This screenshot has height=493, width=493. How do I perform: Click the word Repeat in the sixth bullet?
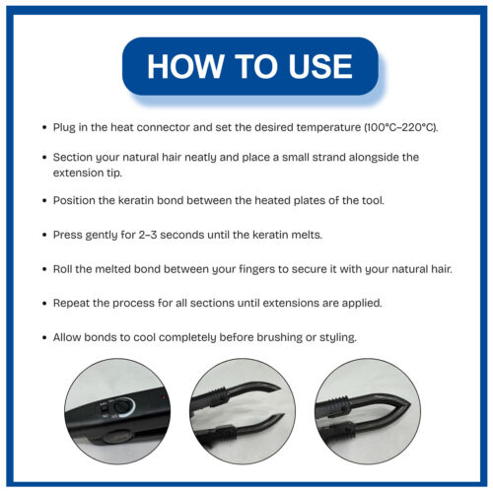76,303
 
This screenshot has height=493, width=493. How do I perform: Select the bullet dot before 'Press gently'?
43,235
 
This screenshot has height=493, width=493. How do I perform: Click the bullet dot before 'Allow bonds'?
43,337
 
